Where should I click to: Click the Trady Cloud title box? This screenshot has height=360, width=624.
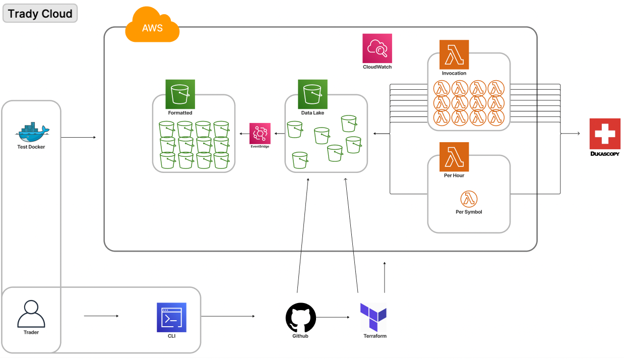[x=40, y=14]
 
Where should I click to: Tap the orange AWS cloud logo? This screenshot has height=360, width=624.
[x=152, y=26]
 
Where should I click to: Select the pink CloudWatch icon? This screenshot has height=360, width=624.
[x=377, y=48]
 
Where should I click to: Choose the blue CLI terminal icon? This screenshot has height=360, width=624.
[x=171, y=318]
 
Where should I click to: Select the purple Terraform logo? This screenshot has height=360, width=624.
[x=373, y=317]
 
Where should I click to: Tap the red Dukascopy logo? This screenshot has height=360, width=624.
[x=605, y=134]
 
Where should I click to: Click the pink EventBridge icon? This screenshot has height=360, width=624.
[x=260, y=133]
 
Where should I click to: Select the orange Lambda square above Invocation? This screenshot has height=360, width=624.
[x=454, y=55]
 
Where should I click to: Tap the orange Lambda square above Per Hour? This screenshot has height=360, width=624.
[x=454, y=157]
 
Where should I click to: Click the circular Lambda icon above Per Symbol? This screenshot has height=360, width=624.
[x=469, y=199]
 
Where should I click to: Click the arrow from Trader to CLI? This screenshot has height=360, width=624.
[x=101, y=316]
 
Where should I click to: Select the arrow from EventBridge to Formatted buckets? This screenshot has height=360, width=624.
[x=244, y=134]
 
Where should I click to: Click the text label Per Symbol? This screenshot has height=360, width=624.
[x=469, y=212]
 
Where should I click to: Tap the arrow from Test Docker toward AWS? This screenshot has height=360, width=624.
[x=79, y=137]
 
